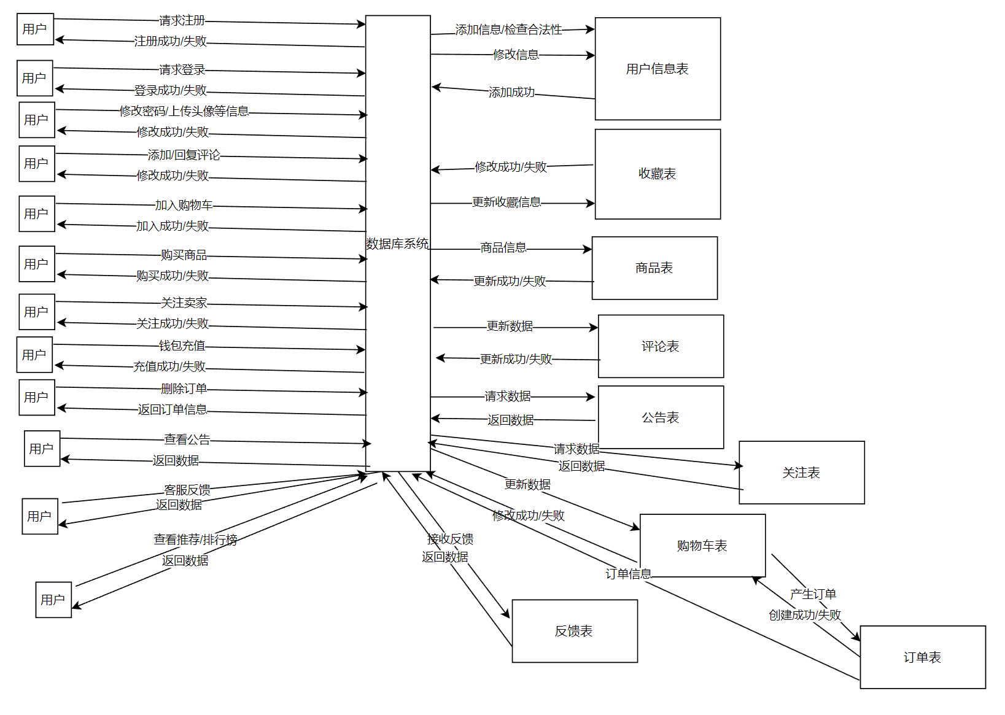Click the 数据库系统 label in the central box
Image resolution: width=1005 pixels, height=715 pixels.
397,244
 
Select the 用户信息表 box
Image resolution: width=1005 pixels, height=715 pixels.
658,69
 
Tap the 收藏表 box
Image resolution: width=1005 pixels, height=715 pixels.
658,174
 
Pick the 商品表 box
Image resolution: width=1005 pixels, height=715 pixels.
654,268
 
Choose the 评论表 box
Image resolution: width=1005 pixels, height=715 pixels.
661,346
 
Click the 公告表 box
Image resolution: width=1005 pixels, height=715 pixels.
661,417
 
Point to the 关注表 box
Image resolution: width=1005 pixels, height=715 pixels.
801,473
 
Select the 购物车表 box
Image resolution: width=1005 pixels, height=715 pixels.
702,546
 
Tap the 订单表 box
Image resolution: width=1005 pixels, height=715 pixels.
922,657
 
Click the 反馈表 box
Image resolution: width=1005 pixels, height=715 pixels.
574,631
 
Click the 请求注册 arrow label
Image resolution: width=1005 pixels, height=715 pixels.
182,21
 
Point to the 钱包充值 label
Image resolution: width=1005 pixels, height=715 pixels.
182,346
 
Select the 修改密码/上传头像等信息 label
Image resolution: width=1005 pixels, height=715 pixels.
184,111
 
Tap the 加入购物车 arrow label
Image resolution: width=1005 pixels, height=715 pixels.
184,205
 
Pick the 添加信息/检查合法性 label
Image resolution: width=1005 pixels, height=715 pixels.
508,29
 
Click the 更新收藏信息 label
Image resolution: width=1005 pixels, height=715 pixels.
506,202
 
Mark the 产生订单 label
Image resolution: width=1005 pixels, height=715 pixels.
813,594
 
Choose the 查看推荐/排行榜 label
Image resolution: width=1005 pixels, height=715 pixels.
195,539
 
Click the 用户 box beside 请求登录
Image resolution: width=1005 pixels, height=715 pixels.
35,78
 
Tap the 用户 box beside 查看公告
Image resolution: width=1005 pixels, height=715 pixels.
42,449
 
